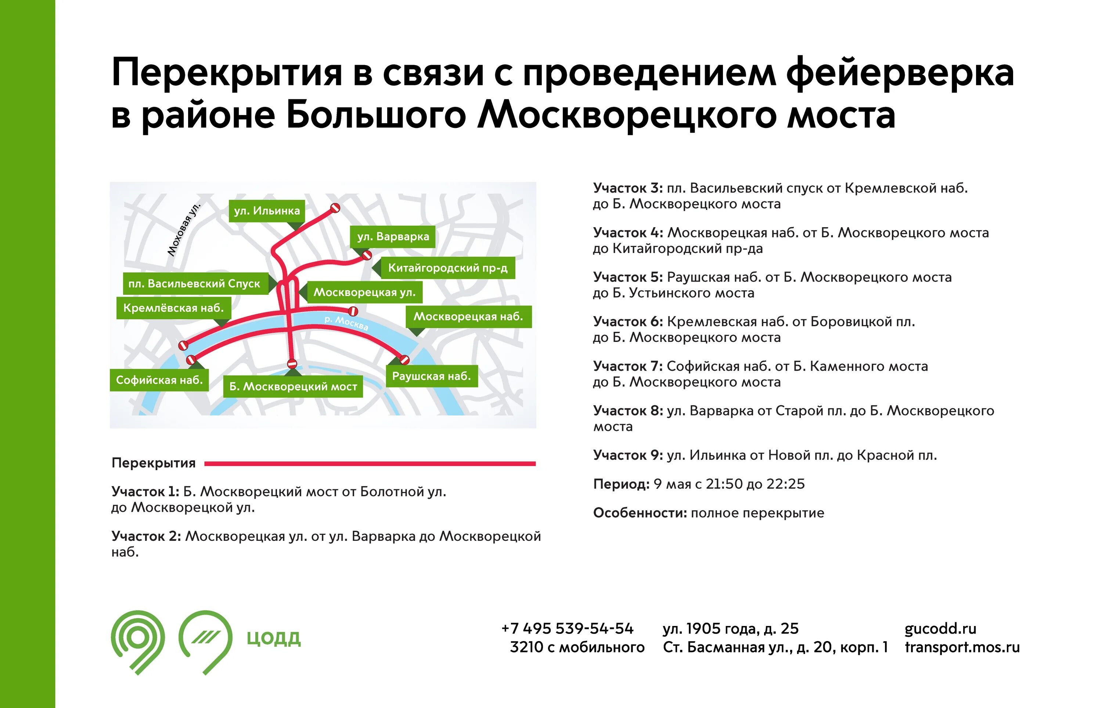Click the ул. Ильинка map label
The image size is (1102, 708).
267,211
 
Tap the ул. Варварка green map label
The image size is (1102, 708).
393,237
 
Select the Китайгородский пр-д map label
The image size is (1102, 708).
447,268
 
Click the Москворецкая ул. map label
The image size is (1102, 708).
364,292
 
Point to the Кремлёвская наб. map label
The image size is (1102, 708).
174,308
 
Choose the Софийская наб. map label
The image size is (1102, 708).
159,380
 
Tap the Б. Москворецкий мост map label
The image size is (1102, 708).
293,387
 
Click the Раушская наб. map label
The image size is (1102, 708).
431,376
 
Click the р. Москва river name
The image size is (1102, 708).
346,323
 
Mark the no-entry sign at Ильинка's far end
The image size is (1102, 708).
335,208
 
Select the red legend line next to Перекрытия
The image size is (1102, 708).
370,464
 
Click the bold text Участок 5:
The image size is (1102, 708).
627,277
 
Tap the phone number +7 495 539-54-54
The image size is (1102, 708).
567,629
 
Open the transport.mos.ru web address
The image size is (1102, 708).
962,647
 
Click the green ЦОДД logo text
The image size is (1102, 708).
274,639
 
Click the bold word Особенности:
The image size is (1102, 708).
640,513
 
